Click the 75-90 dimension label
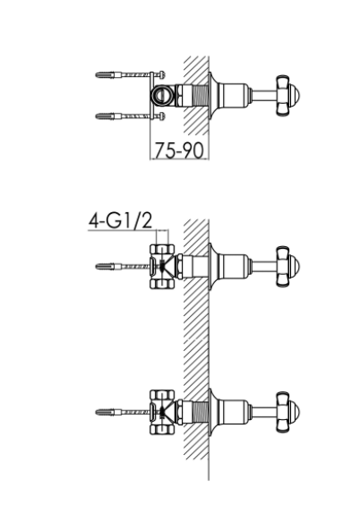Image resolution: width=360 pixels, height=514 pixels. click(x=179, y=150)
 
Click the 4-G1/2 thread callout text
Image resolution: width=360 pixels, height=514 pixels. click(x=120, y=220)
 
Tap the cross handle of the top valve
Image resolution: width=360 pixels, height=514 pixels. click(x=288, y=96)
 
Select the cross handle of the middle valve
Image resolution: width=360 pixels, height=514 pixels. click(x=288, y=267)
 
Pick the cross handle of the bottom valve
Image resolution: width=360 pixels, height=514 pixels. click(x=288, y=412)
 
